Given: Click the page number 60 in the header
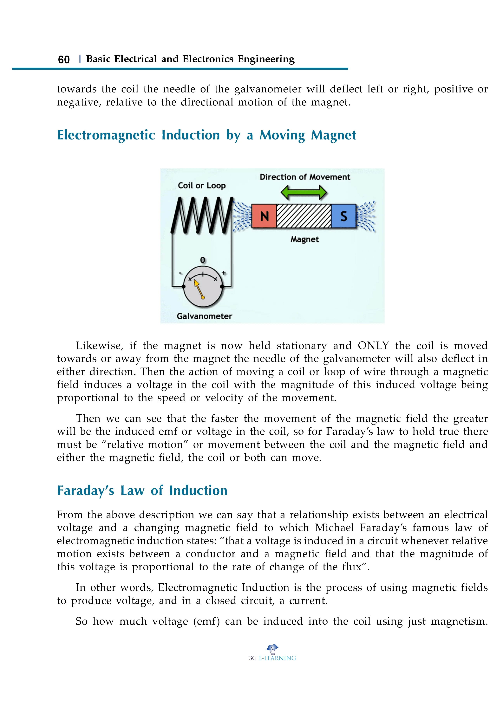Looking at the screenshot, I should click(64, 59).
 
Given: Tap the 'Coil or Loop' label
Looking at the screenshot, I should click(202, 186).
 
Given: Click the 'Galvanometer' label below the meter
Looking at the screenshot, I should click(204, 316).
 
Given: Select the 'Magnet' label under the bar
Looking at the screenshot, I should click(304, 239).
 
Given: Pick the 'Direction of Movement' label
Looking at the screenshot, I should click(305, 177).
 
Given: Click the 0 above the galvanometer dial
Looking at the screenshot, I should click(203, 260).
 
